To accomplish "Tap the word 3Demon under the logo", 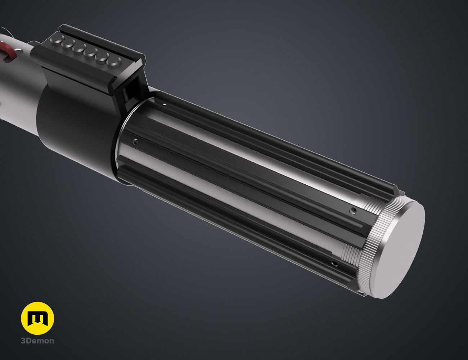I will tap(37, 341).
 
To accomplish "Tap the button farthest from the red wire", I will tap(115, 62).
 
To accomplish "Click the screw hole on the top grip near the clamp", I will tap(164, 104).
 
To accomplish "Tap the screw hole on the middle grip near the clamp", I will tap(135, 141).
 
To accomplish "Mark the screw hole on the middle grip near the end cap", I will tap(354, 210).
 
